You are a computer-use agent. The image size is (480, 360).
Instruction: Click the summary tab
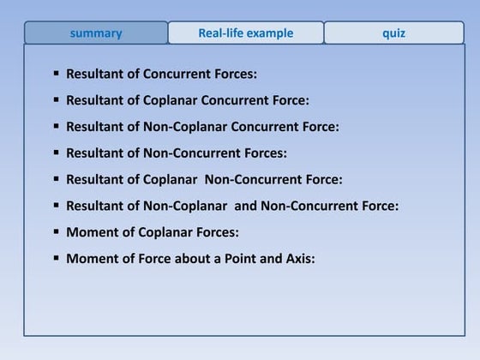[x=96, y=33]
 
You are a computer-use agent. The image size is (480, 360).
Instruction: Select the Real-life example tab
[x=246, y=33]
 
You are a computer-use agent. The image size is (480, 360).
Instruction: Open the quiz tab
[x=394, y=33]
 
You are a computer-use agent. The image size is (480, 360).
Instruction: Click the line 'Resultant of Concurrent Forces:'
[x=161, y=74]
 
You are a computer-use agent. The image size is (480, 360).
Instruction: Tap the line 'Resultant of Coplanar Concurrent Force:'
[x=187, y=100]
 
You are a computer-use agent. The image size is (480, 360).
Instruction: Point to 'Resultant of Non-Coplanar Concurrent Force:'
[x=202, y=127]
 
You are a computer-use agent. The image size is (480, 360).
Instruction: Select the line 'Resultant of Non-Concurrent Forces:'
[x=176, y=153]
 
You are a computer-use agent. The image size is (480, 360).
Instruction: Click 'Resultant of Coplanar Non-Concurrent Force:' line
[x=204, y=179]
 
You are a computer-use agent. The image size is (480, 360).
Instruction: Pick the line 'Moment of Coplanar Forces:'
[x=152, y=231]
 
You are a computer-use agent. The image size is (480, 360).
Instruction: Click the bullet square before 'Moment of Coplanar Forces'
[x=57, y=231]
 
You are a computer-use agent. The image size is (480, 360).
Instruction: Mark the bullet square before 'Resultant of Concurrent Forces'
[x=57, y=74]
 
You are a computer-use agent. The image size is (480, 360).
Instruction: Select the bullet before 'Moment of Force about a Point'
[x=57, y=257]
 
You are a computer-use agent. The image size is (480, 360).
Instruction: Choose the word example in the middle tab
[x=272, y=33]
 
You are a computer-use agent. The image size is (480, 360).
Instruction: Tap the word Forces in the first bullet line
[x=231, y=74]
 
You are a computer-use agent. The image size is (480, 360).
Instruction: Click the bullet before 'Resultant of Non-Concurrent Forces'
[x=57, y=153]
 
